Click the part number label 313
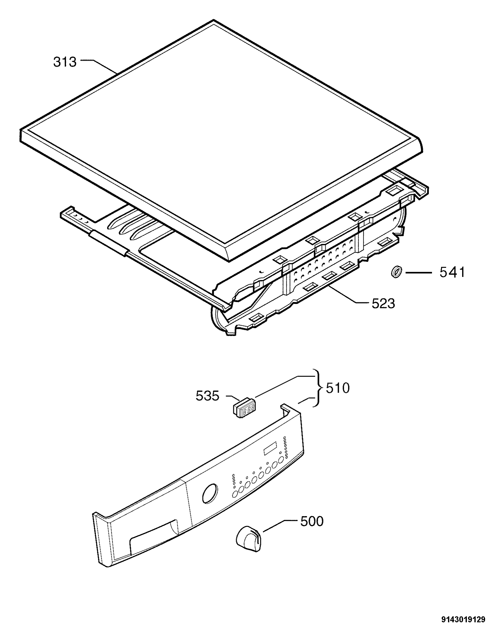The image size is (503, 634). (x=65, y=62)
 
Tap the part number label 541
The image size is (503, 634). (x=452, y=272)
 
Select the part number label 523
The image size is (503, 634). (x=383, y=304)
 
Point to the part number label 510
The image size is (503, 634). (x=338, y=389)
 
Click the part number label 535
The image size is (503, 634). (x=207, y=396)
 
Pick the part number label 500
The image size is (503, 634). (x=312, y=521)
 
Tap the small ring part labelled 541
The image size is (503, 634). (x=397, y=272)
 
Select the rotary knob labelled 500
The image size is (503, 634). (x=248, y=539)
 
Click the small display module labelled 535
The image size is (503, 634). (x=244, y=407)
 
